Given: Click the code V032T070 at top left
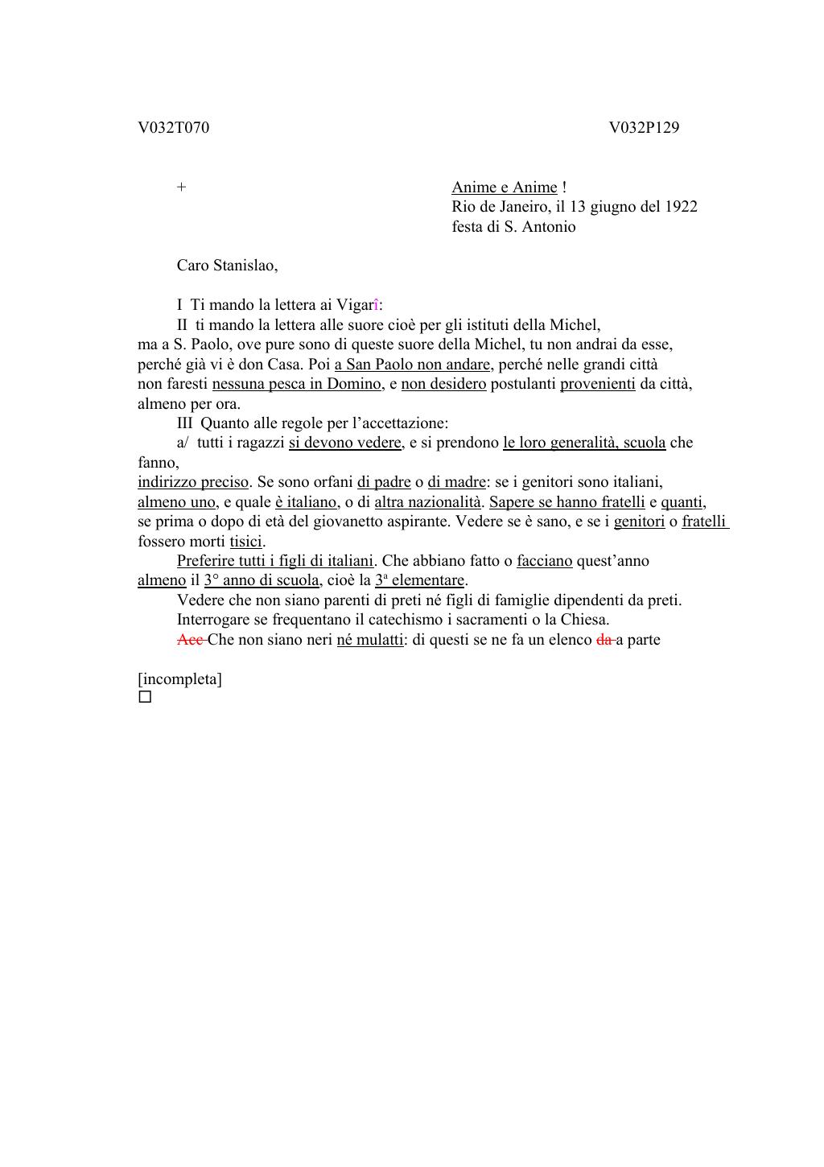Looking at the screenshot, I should (x=173, y=127).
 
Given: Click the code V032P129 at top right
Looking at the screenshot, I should (x=644, y=127).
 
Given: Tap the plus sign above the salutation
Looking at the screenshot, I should (x=182, y=187).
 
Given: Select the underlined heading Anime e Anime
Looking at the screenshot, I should (x=504, y=188).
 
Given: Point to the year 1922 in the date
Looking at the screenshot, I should (x=681, y=207).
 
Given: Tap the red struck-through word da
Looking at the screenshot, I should (x=604, y=641).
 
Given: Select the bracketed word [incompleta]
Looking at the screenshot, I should (x=179, y=679).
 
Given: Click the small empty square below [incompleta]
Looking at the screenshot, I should (x=145, y=697).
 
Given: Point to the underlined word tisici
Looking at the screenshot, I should (x=246, y=542).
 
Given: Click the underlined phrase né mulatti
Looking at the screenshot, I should (x=369, y=641).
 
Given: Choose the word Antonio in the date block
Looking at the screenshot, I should (x=549, y=227).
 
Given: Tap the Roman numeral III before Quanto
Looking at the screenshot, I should (x=186, y=423).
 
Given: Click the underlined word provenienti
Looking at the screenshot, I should (x=597, y=384).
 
